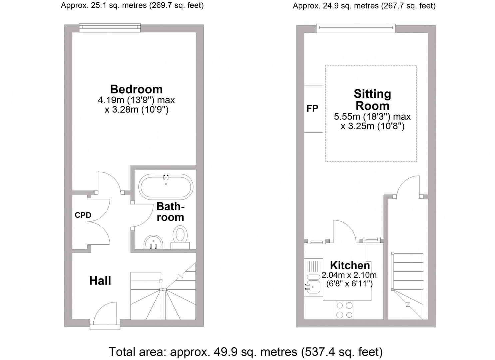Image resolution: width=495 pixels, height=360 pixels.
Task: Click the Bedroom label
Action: coord(136,89)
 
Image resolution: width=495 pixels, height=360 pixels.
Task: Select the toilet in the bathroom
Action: coord(180,235)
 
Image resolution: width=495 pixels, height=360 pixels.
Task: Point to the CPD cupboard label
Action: coord(83,215)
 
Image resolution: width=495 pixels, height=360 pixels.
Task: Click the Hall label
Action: coord(100,281)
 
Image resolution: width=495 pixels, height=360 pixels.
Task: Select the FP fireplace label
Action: coord(312,109)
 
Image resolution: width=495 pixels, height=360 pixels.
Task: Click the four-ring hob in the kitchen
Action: coord(344,310)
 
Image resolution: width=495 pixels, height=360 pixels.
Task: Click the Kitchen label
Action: coord(350,265)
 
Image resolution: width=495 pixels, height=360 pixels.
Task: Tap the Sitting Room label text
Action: coord(372,100)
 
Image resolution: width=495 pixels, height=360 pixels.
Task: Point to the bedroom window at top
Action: coord(110,28)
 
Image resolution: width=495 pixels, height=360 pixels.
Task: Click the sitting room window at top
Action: coord(356,29)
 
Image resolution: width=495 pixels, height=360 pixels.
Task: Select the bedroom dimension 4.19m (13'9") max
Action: coord(136,100)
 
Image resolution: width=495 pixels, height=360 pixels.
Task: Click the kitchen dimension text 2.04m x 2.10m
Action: coord(349,275)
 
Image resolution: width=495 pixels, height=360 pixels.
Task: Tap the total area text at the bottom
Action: coord(246,352)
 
